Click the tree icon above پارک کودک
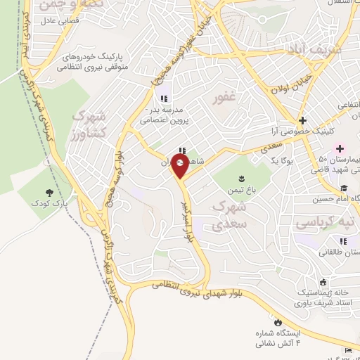pos(49,192)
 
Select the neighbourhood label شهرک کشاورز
pos(91,124)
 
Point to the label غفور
pos(225,98)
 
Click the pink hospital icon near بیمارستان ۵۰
pos(340,148)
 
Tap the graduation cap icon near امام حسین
pos(345,188)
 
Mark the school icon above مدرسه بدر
pos(164,98)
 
